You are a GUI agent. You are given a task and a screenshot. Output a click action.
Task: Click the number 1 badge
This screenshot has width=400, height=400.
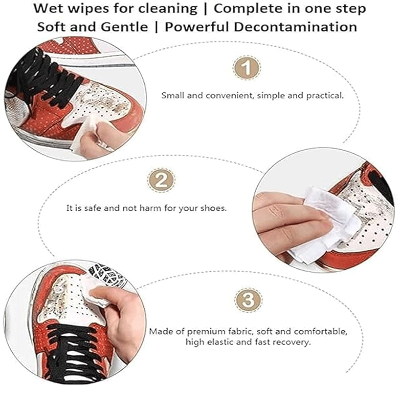click(246, 68)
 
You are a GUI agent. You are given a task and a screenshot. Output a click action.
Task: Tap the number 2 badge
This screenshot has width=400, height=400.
click(161, 180)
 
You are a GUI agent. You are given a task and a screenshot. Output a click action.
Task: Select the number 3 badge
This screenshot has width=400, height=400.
click(248, 299)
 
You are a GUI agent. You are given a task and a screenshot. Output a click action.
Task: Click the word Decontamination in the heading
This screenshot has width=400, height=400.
click(295, 27)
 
